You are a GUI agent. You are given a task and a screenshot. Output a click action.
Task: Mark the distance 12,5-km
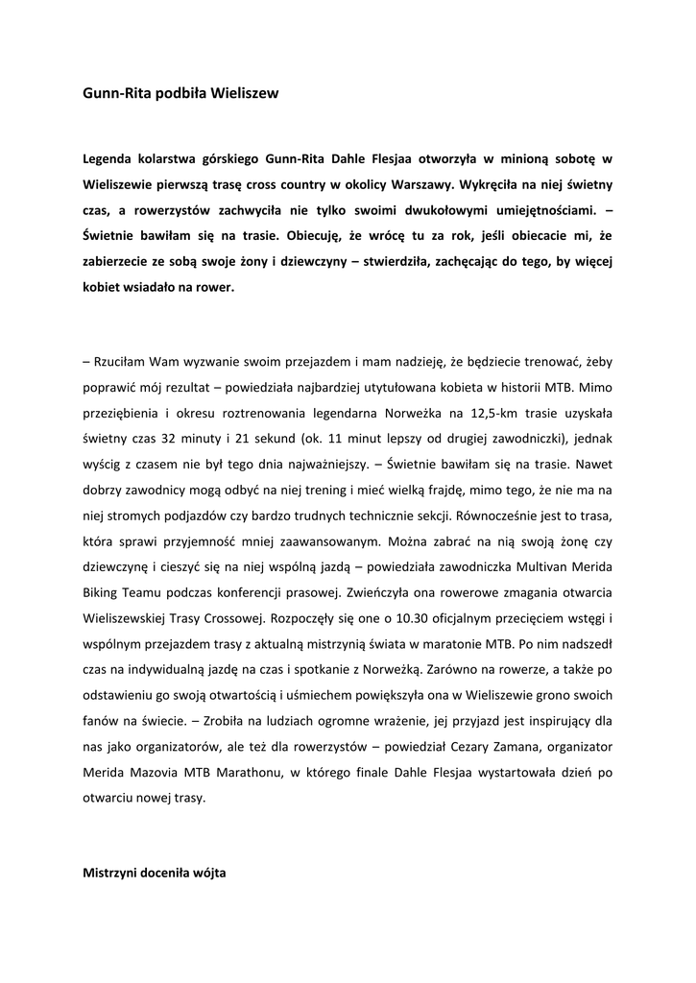495,413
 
